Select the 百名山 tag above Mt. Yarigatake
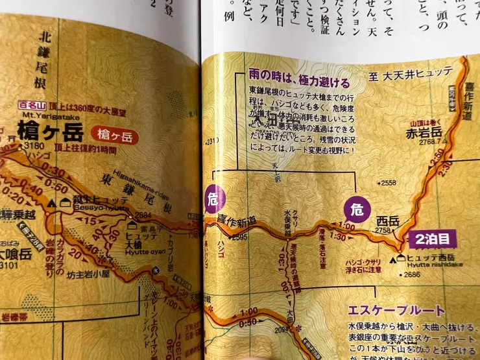tap(30, 104)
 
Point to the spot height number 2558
tap(389, 184)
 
